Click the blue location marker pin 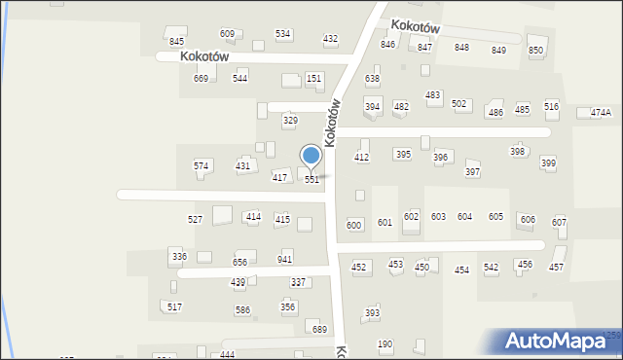311,156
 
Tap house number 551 311,180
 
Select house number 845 176,41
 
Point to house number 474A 601,113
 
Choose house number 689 319,330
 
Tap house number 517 174,307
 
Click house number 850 535,50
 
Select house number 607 559,222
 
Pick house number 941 285,260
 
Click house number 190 385,344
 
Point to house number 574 201,166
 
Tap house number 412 362,157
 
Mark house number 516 552,106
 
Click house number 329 290,121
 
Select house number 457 556,267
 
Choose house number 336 178,256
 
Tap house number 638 372,78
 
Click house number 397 472,172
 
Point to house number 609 227,34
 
